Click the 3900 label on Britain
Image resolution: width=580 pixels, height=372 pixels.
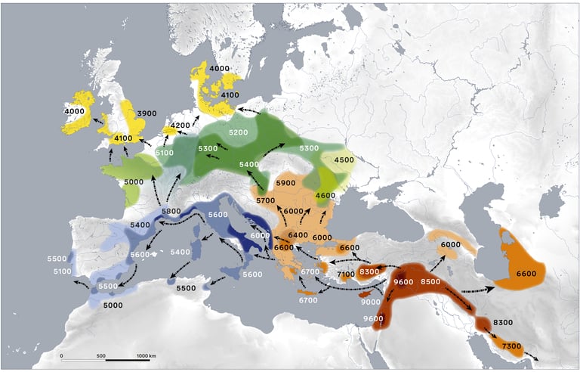coord(147,113)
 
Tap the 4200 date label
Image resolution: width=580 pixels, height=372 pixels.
coord(180,126)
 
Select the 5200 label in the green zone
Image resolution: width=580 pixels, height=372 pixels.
coord(238,133)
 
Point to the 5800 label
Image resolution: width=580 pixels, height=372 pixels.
coord(171,211)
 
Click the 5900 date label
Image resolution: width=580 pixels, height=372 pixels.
coord(285,184)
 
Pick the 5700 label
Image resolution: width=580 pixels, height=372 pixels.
coord(265,200)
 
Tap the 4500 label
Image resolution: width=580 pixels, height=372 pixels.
coord(344,160)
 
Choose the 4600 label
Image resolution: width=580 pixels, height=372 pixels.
coord(325,196)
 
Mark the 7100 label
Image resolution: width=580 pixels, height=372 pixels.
coord(347,274)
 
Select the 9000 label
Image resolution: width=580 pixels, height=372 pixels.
coord(370,302)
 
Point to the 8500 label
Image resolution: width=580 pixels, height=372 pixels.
coord(430,282)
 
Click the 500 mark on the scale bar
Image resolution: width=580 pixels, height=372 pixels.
coord(101,355)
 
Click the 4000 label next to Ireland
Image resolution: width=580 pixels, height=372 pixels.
coord(74,112)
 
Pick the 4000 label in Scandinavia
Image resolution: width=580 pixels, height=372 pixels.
coord(219,69)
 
